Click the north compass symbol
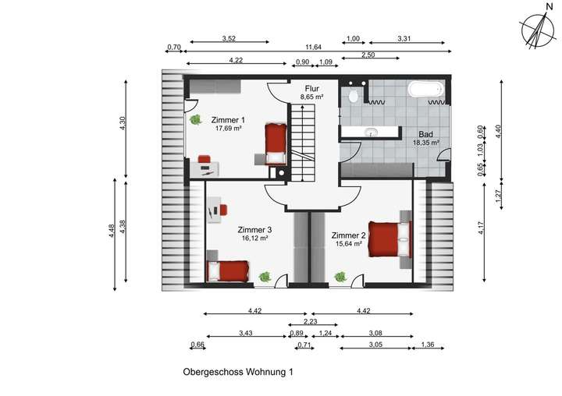point(536,30)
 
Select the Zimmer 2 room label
point(348,235)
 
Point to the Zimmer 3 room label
point(254,230)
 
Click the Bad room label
point(425,134)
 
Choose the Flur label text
point(312,88)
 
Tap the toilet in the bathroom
point(354,96)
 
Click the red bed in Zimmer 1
point(273,142)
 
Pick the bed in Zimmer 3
point(227,271)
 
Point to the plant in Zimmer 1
point(196,119)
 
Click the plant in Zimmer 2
point(340,276)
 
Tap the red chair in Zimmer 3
point(222,209)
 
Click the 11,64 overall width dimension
point(314,48)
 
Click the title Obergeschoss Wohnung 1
point(238,373)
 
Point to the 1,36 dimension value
point(427,345)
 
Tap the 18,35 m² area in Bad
point(425,143)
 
